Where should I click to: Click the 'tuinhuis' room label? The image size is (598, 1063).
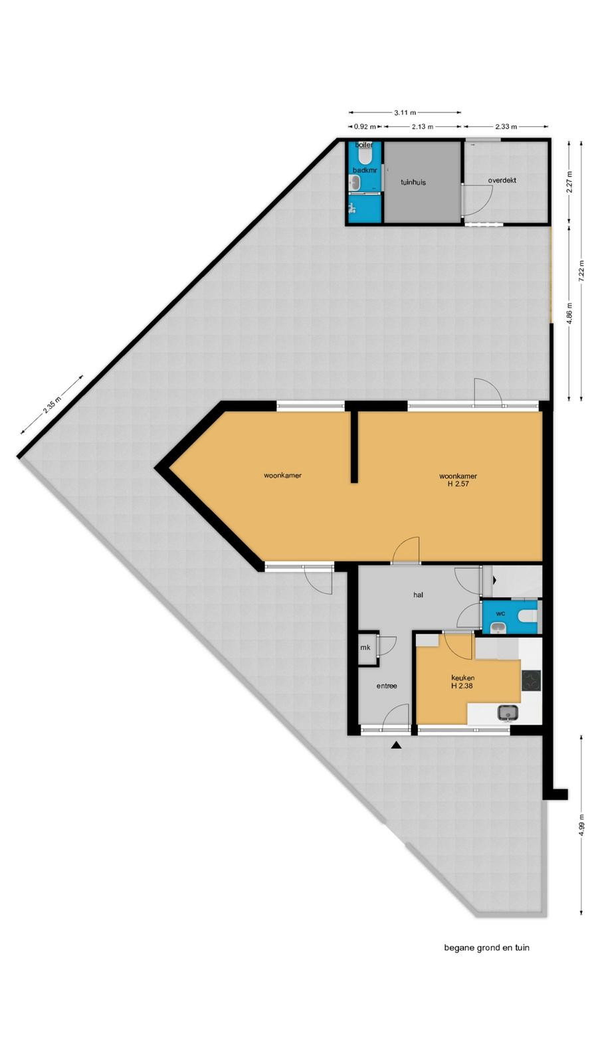coord(413,182)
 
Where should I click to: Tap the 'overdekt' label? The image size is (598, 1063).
coord(502,180)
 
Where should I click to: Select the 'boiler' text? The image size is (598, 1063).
coord(364,145)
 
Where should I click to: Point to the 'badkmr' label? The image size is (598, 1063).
coord(365,170)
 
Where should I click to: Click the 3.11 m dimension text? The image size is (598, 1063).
coord(405,112)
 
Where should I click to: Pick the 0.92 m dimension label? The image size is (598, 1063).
coord(365,127)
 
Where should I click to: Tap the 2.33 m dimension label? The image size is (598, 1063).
coord(506,127)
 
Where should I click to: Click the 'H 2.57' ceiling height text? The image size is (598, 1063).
coord(458,484)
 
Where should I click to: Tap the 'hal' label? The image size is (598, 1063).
coord(418,595)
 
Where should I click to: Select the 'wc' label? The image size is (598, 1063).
coord(501,614)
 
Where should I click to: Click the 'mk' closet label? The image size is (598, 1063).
coord(365,647)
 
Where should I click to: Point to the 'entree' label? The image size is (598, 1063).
coord(387,686)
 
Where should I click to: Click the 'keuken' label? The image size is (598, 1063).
coord(462,678)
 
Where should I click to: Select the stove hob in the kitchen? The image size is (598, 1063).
coord(531,680)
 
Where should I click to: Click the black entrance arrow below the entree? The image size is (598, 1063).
coord(396,745)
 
